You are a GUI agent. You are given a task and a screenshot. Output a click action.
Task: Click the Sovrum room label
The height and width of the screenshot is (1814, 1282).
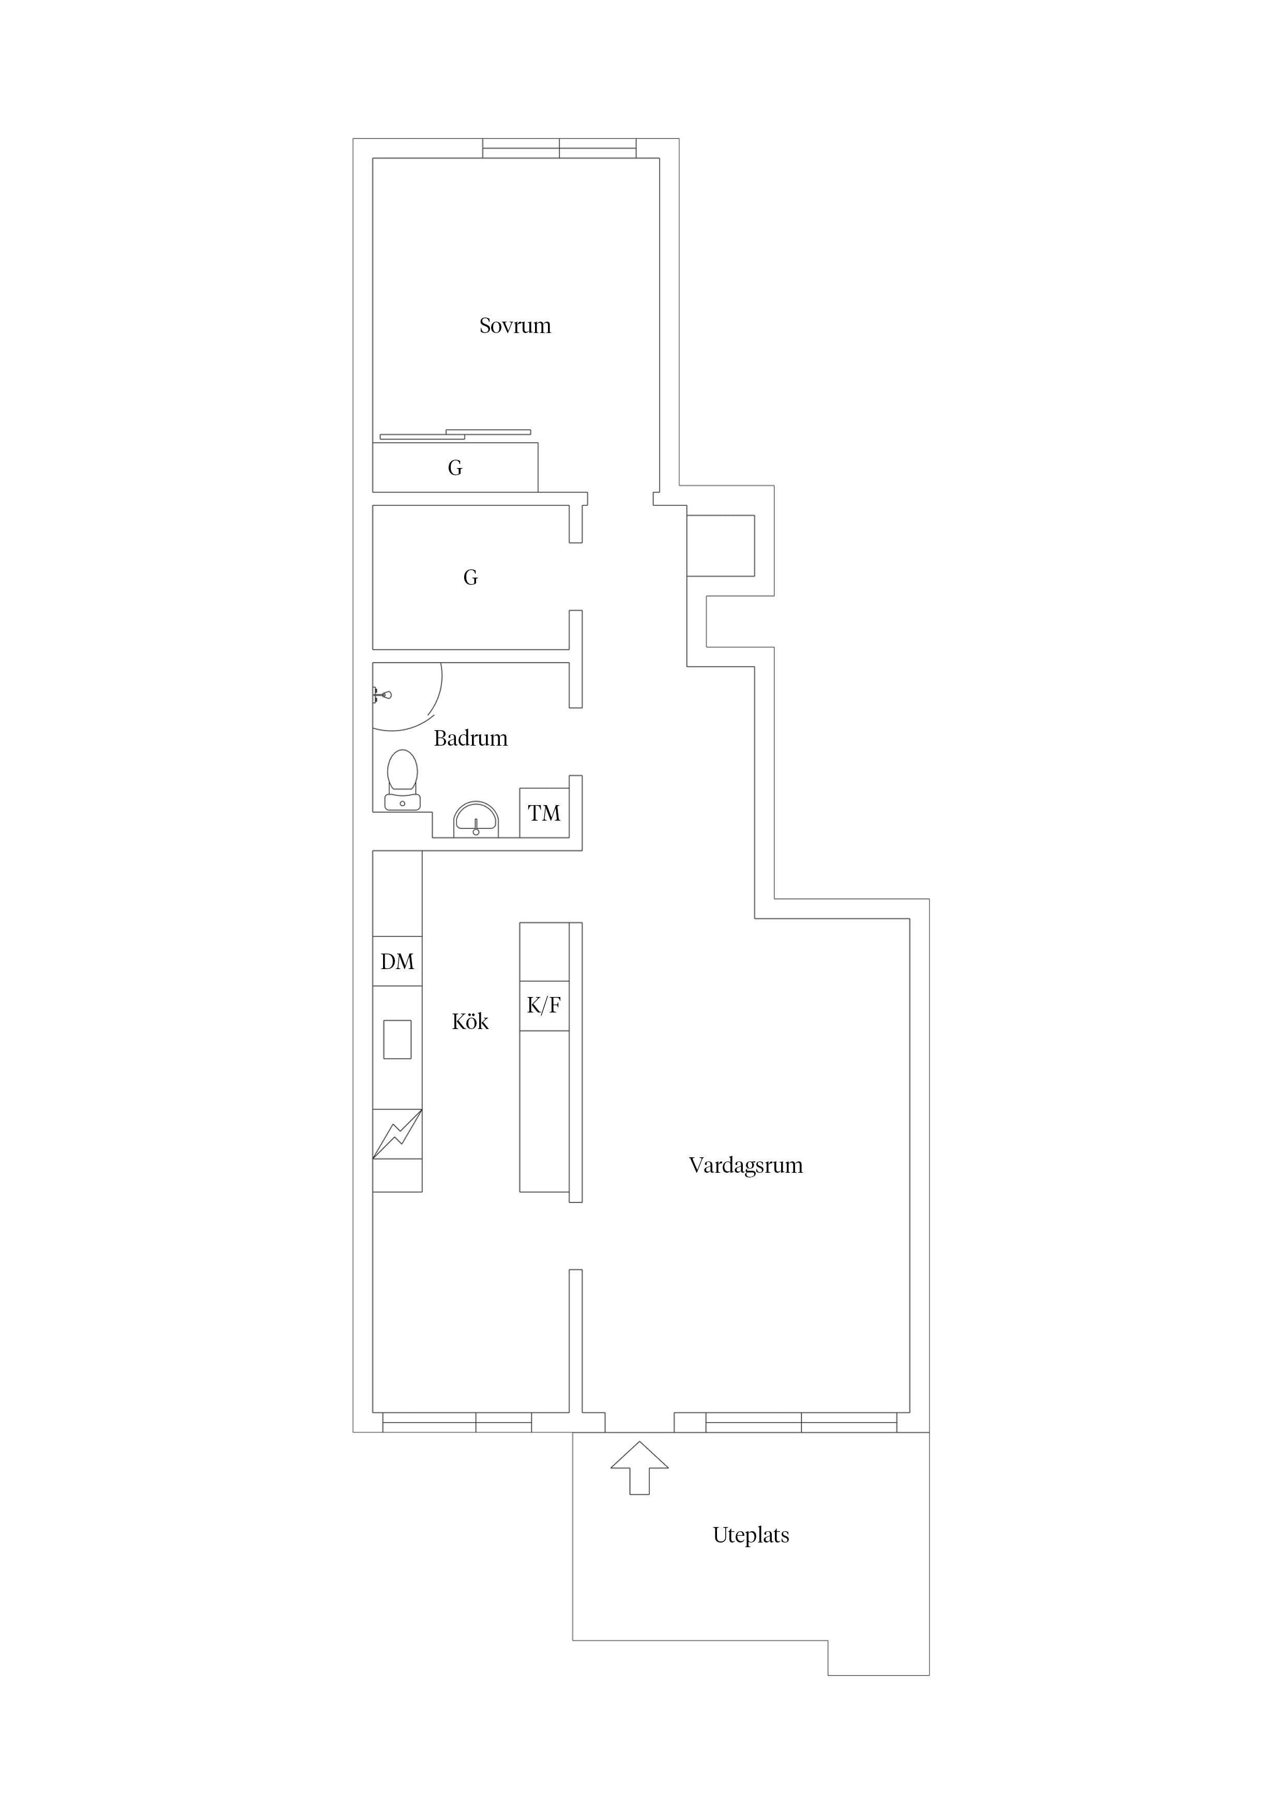[x=515, y=325]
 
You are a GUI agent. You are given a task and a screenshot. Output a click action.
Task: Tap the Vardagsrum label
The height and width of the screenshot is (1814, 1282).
[x=745, y=1166]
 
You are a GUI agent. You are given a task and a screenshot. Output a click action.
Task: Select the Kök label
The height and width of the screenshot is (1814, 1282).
[x=470, y=1022]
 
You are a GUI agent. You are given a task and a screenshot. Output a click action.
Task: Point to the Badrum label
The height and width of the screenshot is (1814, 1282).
[x=471, y=738]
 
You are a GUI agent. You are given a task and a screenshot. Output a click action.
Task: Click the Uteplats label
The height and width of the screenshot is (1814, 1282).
[x=751, y=1535]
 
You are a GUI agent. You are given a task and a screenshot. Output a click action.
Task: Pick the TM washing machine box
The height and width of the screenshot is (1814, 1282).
[x=544, y=813]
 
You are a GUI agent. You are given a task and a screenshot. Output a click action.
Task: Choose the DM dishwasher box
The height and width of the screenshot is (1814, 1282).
[x=398, y=961]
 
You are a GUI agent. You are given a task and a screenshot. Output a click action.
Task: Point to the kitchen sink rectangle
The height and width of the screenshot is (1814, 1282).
[x=398, y=1039]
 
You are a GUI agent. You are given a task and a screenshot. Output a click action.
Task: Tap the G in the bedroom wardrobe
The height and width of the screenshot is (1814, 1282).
[x=455, y=468]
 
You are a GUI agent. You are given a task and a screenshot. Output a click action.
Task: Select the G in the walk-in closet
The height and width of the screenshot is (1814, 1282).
[x=470, y=578]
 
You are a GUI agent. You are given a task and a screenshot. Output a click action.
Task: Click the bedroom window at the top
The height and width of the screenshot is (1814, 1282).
[x=559, y=148]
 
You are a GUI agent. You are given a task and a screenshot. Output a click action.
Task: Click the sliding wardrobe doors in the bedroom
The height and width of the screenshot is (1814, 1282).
[x=455, y=434]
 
